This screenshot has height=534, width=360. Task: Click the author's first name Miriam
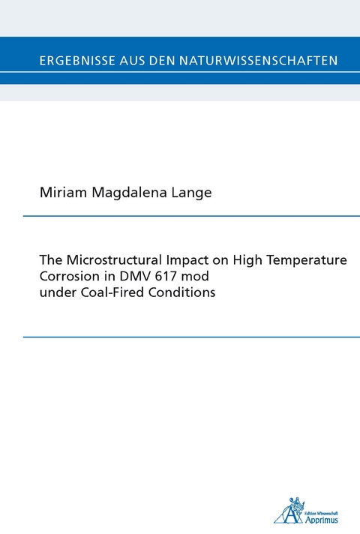click(61, 193)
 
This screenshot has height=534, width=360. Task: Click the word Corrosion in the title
click(67, 277)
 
